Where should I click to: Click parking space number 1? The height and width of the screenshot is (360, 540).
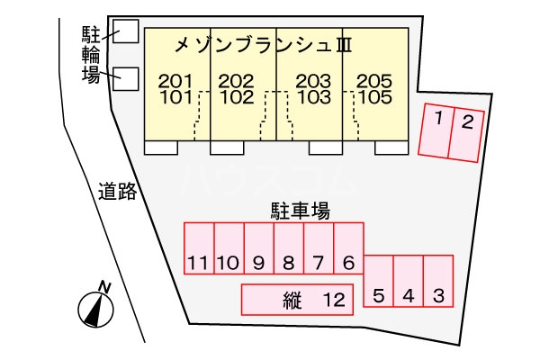click(x=436, y=130)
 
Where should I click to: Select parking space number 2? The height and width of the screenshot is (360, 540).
click(x=464, y=133)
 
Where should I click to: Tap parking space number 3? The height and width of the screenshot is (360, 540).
click(x=437, y=283)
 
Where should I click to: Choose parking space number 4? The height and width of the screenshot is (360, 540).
click(x=408, y=283)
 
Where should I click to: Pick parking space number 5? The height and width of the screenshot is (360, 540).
click(x=379, y=283)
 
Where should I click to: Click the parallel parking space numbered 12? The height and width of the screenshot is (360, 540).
click(x=296, y=300)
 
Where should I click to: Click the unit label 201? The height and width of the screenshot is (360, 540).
click(x=175, y=81)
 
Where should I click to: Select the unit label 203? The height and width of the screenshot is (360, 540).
click(x=306, y=81)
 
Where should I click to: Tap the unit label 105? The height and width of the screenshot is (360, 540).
click(x=372, y=96)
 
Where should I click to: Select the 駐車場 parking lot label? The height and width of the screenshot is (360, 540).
click(x=300, y=211)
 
